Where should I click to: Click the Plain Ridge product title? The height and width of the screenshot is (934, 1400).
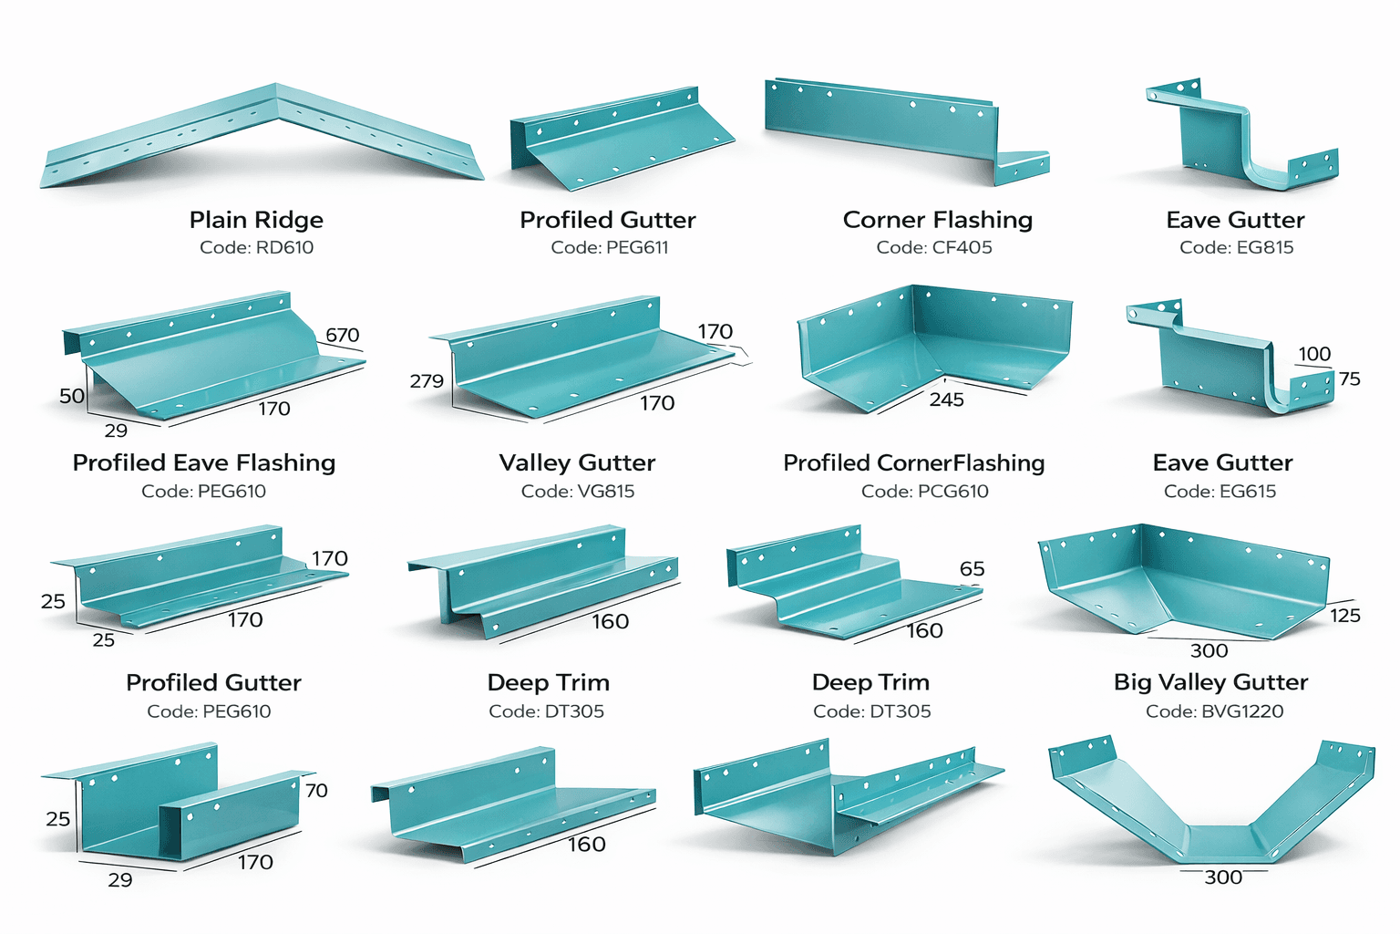point(256,220)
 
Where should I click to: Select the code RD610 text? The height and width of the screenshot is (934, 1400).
point(256,247)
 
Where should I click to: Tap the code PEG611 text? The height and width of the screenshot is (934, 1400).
point(609,247)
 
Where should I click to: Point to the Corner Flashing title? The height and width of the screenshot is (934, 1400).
point(937,220)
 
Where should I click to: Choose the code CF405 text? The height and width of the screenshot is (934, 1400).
point(933,247)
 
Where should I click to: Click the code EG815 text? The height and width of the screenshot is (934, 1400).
point(1236,247)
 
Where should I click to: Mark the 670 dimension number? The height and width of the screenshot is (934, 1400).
point(343,335)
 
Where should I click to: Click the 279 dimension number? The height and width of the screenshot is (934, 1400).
point(427,381)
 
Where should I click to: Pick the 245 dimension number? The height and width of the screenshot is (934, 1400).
point(947,400)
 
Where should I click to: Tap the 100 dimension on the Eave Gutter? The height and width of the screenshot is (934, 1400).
point(1314,354)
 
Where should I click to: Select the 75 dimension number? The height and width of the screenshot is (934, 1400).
point(1350,379)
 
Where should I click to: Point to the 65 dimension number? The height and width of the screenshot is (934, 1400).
point(973,569)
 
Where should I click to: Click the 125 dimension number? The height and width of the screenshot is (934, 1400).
point(1345,616)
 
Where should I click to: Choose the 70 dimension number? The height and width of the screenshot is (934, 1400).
point(316,790)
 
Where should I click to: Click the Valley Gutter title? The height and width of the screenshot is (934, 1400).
point(577,463)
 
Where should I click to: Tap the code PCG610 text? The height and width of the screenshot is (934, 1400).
point(924,492)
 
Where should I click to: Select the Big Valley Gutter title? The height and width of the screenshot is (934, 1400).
point(1210,682)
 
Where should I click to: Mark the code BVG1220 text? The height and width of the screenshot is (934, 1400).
point(1214,711)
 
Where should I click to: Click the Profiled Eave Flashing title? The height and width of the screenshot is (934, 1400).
point(204,463)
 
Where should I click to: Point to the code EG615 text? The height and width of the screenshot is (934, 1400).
point(1220,492)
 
